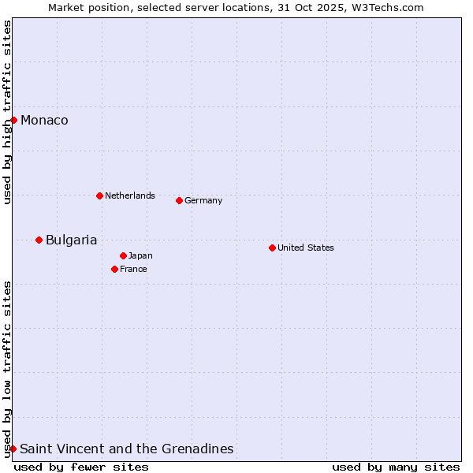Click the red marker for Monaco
(x=13, y=120)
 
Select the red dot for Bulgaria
(x=39, y=240)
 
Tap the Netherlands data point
(x=99, y=196)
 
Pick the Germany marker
(x=179, y=200)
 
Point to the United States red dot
(x=272, y=248)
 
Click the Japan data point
(x=123, y=255)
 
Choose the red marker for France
(x=114, y=269)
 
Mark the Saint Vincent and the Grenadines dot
(x=13, y=449)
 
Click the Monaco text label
(x=44, y=121)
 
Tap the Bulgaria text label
(x=71, y=240)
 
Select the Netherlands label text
(x=130, y=196)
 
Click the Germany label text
(x=203, y=200)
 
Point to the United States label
(x=306, y=248)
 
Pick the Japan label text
(x=140, y=255)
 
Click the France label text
(x=133, y=269)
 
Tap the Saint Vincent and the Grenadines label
(x=126, y=449)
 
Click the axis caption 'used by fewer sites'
(x=81, y=467)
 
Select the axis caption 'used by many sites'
(x=396, y=467)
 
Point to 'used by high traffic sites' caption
(x=7, y=112)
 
